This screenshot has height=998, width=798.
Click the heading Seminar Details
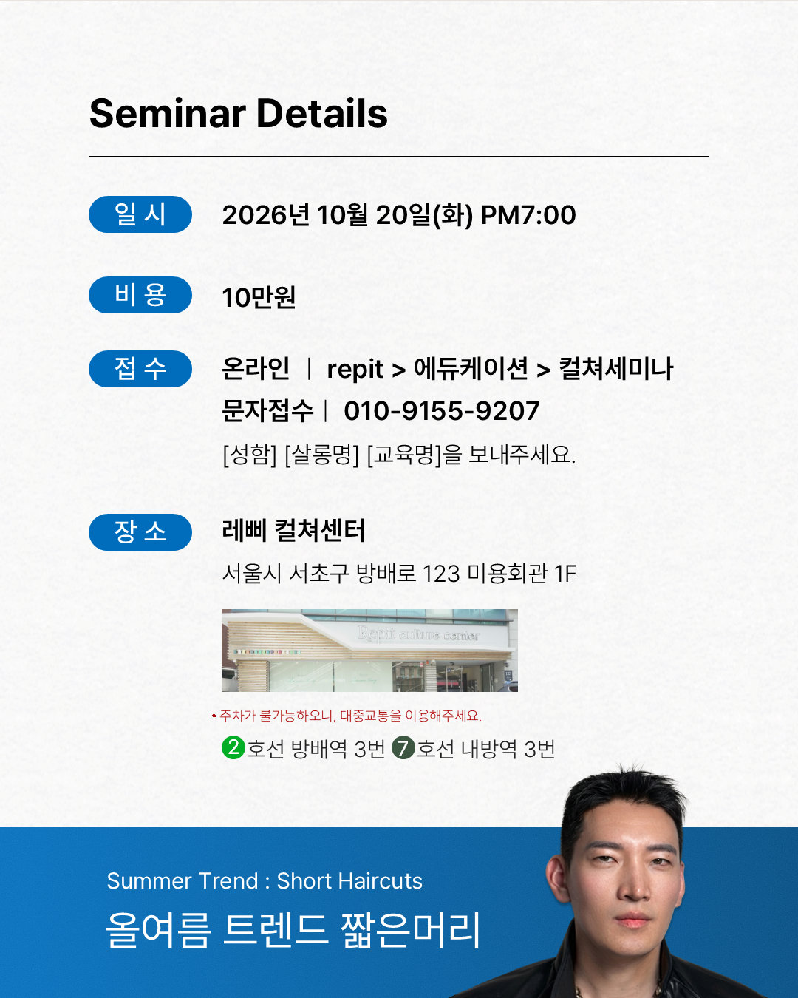(239, 113)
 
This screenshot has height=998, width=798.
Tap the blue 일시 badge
(140, 214)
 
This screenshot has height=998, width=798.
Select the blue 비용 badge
(140, 295)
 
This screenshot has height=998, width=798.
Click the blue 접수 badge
(140, 369)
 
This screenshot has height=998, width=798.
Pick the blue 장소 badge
(140, 532)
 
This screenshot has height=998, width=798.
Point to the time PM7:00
(528, 215)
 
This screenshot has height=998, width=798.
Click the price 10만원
(259, 296)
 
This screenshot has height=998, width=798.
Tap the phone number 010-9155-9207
(441, 411)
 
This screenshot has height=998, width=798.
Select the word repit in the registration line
(355, 370)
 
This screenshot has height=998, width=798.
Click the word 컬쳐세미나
(615, 369)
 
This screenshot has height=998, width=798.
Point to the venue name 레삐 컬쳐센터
(294, 530)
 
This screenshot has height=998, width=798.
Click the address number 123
(441, 574)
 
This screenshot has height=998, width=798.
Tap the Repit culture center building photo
(369, 651)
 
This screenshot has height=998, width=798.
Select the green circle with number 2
(233, 747)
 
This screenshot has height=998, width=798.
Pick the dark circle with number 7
(403, 747)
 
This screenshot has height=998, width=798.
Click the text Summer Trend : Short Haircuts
(265, 880)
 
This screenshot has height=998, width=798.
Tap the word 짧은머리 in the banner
(410, 930)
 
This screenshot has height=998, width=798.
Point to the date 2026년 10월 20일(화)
(348, 215)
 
